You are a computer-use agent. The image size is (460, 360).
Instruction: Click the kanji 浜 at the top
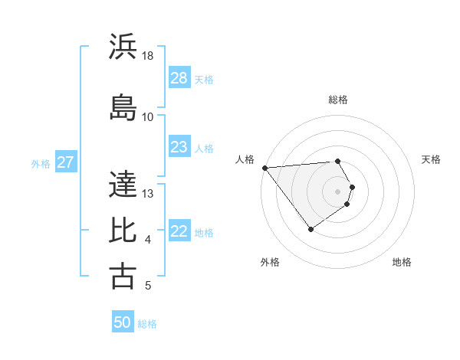point(123,47)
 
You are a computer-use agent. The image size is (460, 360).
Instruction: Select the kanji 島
point(123,107)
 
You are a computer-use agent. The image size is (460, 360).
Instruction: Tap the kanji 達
point(123,183)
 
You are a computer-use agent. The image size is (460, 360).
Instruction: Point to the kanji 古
point(123,276)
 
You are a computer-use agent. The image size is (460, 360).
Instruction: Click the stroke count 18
point(148,56)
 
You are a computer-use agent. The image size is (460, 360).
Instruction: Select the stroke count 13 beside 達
point(148,193)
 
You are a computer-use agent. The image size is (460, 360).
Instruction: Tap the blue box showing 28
point(179,78)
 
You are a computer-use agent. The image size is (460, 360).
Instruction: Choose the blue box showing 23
point(179,147)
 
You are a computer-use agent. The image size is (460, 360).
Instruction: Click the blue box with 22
point(179,232)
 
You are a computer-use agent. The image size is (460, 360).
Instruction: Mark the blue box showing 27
point(65,162)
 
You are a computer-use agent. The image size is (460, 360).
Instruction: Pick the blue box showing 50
point(123,322)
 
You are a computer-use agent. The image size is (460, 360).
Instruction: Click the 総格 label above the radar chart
point(338,100)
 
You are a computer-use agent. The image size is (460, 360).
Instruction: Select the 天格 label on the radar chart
point(432,159)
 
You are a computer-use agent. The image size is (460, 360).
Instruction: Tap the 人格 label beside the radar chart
point(245,159)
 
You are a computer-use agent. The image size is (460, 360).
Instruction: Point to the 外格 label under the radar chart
point(270,262)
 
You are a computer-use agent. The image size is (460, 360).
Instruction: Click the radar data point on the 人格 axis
point(264,167)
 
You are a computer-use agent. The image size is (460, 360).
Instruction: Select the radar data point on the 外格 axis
point(310,229)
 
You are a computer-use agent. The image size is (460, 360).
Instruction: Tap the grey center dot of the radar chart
point(338,191)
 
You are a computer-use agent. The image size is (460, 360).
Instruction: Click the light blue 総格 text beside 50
point(147,323)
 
